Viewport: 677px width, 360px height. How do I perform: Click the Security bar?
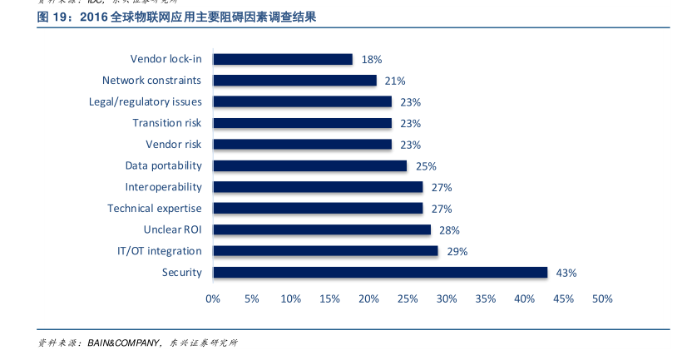(x=380, y=272)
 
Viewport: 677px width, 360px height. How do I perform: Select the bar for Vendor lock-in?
(x=283, y=59)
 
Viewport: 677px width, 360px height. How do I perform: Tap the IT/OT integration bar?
(x=325, y=250)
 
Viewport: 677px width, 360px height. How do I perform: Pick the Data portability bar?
(x=309, y=165)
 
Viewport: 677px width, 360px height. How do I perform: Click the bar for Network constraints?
(x=294, y=81)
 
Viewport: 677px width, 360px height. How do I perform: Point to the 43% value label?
(x=566, y=273)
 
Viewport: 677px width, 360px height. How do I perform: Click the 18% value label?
(x=371, y=60)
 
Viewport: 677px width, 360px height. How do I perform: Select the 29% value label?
(x=457, y=251)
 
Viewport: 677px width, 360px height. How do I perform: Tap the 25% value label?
(x=426, y=166)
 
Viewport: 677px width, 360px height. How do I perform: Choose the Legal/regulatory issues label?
(x=146, y=101)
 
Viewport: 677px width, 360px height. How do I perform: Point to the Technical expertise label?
(x=155, y=208)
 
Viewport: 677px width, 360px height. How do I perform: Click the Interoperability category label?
(x=164, y=187)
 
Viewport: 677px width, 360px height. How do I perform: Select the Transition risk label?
(x=167, y=123)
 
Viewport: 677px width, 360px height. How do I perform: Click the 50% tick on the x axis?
(x=602, y=299)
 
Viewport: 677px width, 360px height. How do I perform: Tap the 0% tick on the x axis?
(x=213, y=299)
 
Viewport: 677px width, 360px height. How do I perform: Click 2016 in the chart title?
(x=95, y=17)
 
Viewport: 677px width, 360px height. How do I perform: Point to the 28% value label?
(x=450, y=230)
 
